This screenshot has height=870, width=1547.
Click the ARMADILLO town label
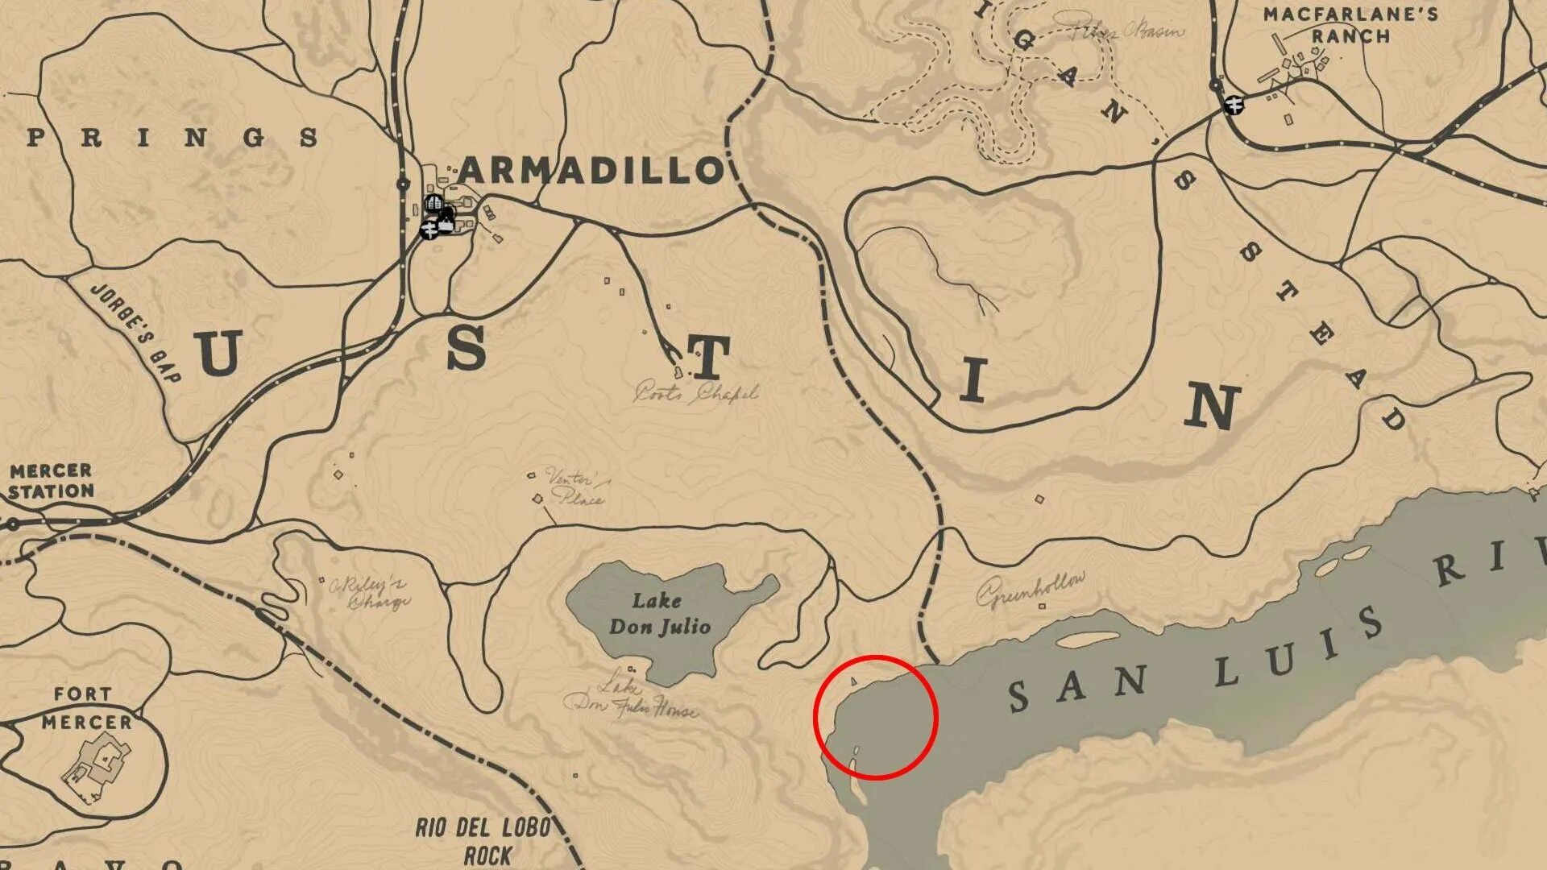click(x=592, y=171)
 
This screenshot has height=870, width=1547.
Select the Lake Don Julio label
click(x=660, y=614)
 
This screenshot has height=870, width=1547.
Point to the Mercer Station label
click(x=52, y=481)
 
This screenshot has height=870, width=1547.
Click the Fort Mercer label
click(x=86, y=708)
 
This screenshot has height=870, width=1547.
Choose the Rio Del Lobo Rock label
click(x=484, y=841)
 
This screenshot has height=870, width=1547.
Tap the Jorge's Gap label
click(x=136, y=331)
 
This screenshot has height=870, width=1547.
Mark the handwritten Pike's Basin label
click(x=1128, y=31)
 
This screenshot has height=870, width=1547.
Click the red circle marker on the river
click(x=875, y=717)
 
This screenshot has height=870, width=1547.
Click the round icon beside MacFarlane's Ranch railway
click(x=1233, y=104)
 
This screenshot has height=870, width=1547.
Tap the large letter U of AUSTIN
click(x=218, y=353)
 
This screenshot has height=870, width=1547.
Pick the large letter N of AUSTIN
click(x=1213, y=407)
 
